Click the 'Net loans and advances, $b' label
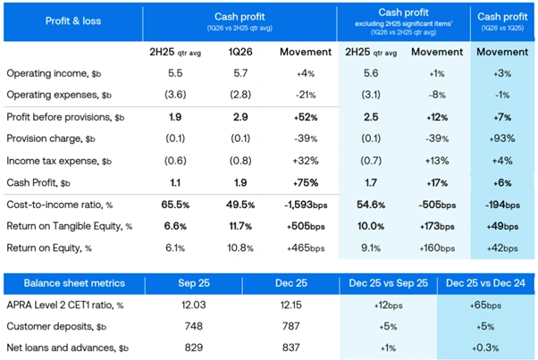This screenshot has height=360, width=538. tap(65, 347)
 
